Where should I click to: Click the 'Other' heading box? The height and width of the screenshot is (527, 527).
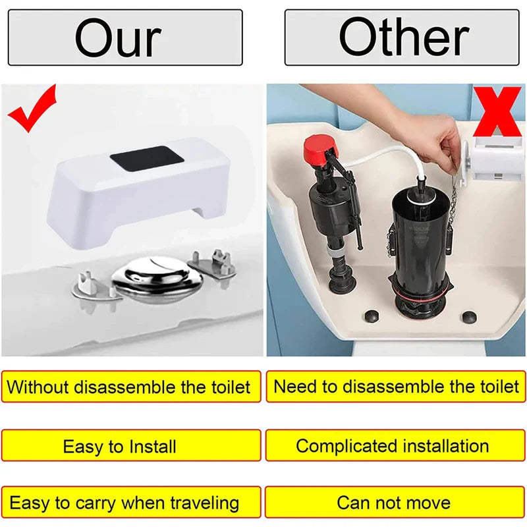pos(402,38)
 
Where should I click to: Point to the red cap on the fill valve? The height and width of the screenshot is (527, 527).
pos(320,151)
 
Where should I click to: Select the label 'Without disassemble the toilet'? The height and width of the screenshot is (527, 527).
pos(130,387)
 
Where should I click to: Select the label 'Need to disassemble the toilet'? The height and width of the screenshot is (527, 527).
pos(396,387)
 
